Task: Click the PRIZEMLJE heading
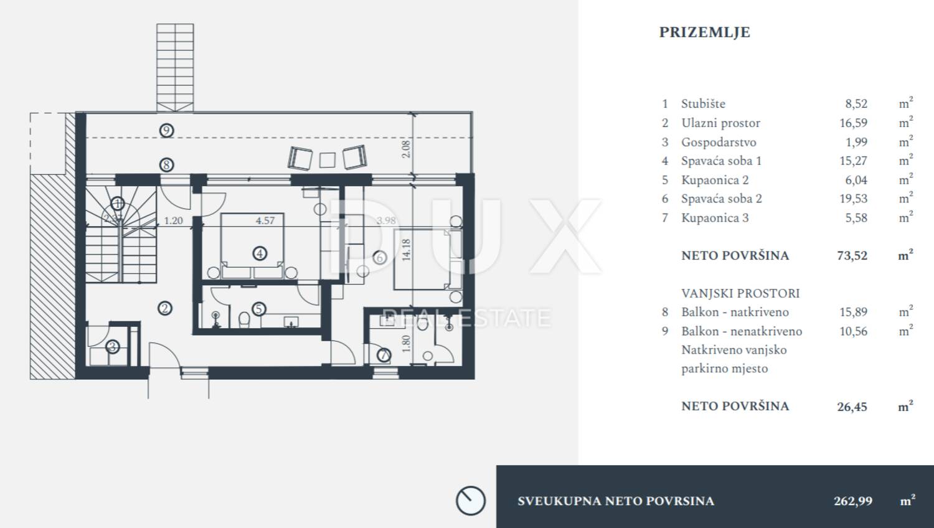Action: (704, 32)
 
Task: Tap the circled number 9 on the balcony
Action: (166, 130)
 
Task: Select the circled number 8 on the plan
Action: (166, 165)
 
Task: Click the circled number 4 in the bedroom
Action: (260, 253)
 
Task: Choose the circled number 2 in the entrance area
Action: (165, 308)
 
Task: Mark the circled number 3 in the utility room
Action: (113, 346)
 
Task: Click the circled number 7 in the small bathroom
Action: (384, 355)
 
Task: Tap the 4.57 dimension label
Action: (265, 220)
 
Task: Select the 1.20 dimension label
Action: (174, 220)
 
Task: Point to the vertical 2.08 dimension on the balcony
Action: (406, 149)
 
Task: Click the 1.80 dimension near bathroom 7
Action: (407, 343)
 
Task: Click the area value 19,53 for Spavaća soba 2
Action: (853, 199)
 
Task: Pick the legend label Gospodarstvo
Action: (719, 142)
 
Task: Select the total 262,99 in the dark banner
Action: (853, 501)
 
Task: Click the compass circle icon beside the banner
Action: (470, 501)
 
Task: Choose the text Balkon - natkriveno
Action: (735, 312)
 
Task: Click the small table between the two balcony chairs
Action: (328, 160)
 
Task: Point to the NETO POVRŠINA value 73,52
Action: (852, 255)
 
